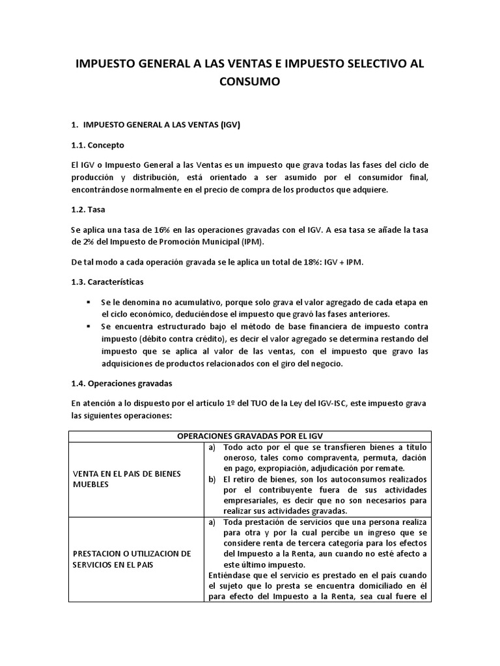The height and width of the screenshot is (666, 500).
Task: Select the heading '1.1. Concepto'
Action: (x=97, y=144)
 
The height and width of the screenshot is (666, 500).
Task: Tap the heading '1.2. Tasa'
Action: (x=89, y=210)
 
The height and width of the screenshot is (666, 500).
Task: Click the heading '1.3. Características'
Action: (x=108, y=283)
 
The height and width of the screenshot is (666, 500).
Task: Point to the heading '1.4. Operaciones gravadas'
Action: (x=122, y=383)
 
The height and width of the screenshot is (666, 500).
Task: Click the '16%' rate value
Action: (x=158, y=230)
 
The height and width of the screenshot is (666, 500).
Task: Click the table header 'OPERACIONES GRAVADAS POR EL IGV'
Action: (x=249, y=436)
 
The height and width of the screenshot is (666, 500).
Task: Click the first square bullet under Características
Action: (x=89, y=303)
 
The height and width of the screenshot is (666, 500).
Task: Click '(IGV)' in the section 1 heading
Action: (x=230, y=125)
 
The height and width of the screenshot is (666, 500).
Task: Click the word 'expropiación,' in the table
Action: (x=287, y=468)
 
